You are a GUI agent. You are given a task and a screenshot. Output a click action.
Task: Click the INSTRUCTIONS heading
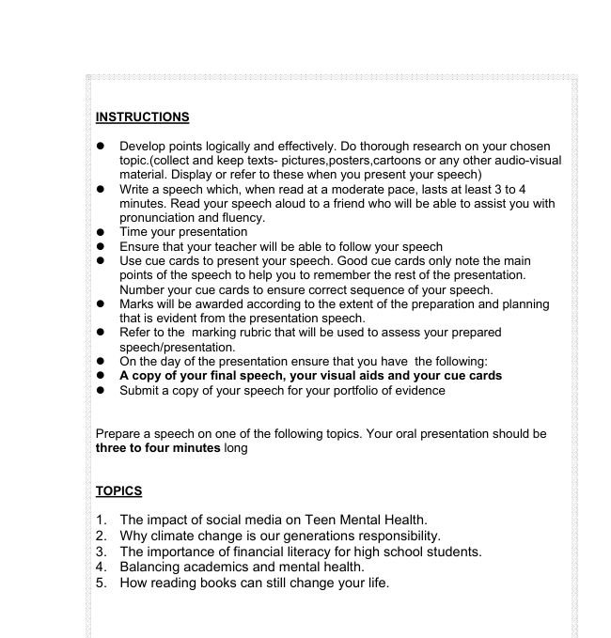click(142, 117)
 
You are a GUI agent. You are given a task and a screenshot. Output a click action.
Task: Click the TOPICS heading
click(118, 491)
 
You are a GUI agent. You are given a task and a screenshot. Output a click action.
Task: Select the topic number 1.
click(101, 520)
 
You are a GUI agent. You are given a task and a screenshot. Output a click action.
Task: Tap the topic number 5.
click(101, 584)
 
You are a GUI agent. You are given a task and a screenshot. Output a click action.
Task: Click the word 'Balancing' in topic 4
click(151, 568)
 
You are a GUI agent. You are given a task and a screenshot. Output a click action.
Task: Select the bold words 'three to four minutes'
click(157, 448)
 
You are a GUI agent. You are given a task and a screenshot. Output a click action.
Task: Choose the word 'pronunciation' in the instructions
click(157, 217)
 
